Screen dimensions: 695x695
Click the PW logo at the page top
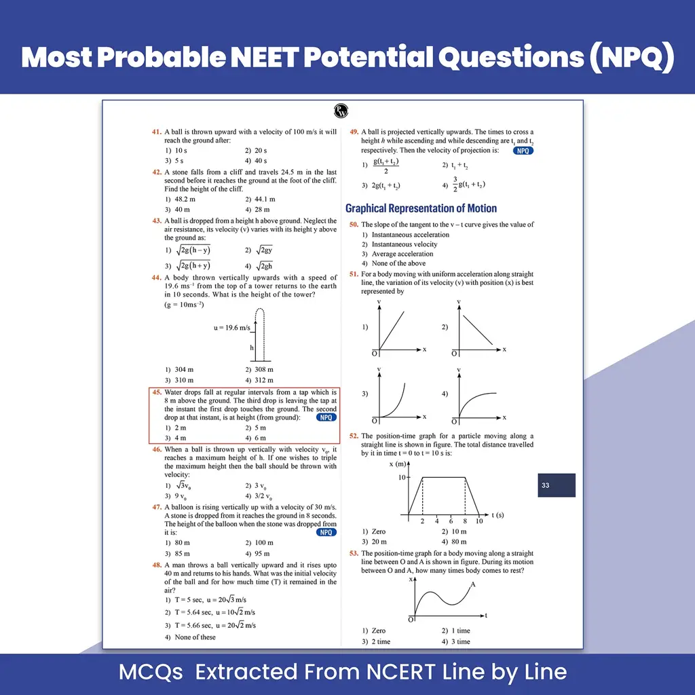tap(341, 111)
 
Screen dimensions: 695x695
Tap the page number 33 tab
tap(557, 485)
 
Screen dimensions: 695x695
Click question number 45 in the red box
tap(157, 392)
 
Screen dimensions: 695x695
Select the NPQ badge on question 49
tap(523, 151)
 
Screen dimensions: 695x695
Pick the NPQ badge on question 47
tap(326, 532)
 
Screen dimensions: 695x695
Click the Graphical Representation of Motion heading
tap(421, 208)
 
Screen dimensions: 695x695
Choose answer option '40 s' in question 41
tap(261, 160)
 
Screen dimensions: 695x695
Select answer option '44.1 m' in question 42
tap(265, 199)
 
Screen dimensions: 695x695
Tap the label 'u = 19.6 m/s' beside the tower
tap(232, 328)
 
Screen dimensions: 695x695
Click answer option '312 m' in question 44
tap(264, 380)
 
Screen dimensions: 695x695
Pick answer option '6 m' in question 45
tap(261, 438)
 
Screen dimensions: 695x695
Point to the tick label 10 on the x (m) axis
tap(402, 477)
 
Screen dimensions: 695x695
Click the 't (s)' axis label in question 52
tap(497, 514)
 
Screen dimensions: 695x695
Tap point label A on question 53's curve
tap(473, 584)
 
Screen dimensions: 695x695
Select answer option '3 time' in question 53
tap(461, 641)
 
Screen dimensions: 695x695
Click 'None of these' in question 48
tap(195, 637)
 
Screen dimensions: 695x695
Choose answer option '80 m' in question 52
tap(459, 542)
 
